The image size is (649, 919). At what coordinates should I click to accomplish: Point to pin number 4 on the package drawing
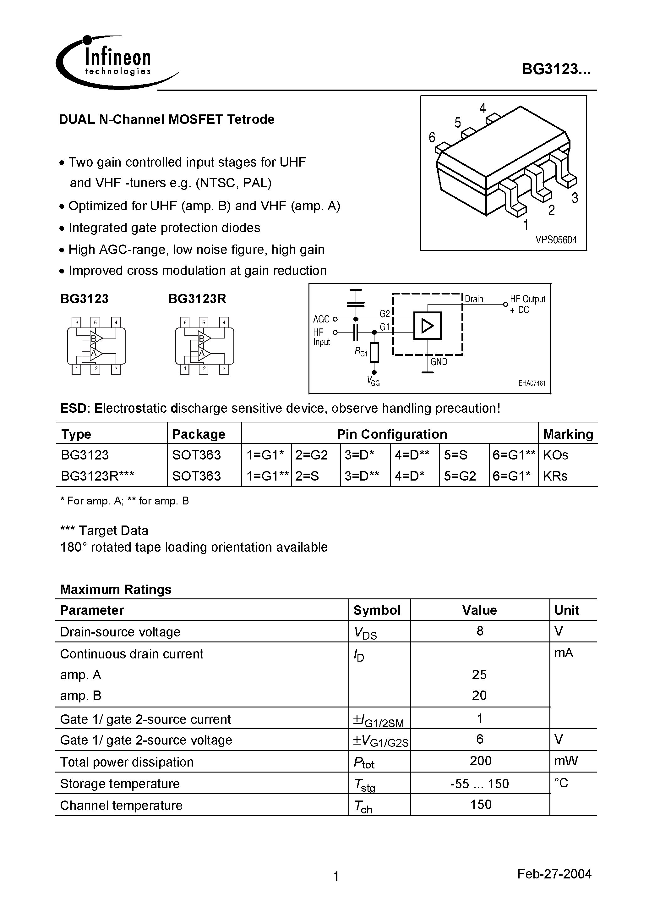tap(483, 108)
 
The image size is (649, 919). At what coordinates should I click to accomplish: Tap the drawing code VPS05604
tap(556, 240)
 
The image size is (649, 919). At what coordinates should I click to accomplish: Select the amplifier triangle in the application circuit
tap(427, 326)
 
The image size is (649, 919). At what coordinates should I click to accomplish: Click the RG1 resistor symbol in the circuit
tap(374, 352)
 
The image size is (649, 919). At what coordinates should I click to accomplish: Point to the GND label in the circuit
tap(439, 362)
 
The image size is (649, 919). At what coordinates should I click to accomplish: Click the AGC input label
tap(321, 319)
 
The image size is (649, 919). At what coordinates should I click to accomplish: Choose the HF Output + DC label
tap(527, 304)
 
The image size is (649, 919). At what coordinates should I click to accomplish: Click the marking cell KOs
tap(555, 455)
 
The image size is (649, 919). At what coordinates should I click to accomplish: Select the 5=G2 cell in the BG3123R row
tap(460, 476)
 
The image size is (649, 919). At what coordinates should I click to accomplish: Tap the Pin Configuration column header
tap(392, 434)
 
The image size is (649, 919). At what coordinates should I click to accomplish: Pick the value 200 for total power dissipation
tap(480, 761)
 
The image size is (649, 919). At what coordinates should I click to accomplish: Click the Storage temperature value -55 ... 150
tap(479, 783)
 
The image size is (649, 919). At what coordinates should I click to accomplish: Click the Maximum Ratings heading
tap(116, 589)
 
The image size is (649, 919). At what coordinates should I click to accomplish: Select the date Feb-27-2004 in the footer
tap(554, 873)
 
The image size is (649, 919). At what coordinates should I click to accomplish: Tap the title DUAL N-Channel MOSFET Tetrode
tap(166, 119)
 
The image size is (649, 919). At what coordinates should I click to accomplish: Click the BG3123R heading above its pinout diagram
tap(197, 299)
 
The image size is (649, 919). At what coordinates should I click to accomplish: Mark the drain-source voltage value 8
tap(480, 631)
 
